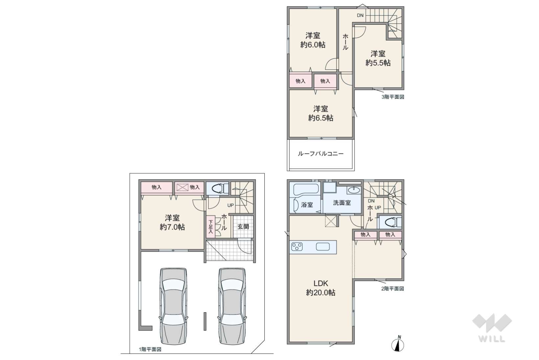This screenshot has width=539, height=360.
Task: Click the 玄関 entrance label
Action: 243,227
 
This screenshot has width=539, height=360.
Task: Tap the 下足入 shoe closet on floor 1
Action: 211,226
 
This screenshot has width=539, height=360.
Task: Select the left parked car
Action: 173,306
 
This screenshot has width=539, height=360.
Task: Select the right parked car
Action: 232,306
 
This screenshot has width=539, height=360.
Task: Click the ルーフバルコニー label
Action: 321,153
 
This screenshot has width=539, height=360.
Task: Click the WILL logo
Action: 492,328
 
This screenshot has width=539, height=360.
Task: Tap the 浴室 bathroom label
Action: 307,205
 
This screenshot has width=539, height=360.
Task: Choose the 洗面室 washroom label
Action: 342,203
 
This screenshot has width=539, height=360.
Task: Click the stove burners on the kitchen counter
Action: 297,246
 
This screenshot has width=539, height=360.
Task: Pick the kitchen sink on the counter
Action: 323,246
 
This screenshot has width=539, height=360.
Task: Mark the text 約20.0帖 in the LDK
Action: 321,292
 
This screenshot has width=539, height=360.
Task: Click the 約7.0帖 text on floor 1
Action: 172,227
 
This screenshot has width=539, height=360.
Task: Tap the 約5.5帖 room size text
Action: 378,63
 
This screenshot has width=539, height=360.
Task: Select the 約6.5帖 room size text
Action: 321,118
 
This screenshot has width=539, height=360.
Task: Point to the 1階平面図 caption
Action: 150,349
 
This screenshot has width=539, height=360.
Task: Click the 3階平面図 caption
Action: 393,97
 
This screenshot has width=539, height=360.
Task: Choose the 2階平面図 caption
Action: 392,289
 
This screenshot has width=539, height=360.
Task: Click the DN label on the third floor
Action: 360,15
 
